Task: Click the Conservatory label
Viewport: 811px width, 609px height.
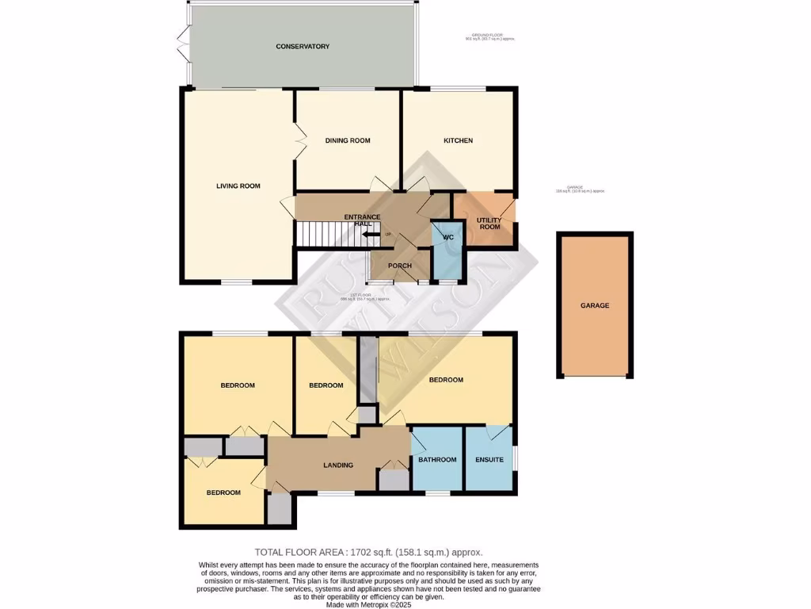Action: click(303, 47)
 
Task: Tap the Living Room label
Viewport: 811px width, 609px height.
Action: click(238, 186)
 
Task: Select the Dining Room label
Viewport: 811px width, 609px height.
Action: click(348, 140)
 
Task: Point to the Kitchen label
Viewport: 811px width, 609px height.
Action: click(458, 140)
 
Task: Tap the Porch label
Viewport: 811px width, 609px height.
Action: click(400, 265)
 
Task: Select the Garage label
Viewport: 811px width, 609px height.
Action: click(595, 305)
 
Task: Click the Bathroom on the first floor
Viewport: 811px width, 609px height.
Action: click(437, 460)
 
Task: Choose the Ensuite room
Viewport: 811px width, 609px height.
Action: click(489, 460)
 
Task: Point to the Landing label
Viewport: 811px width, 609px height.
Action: click(338, 465)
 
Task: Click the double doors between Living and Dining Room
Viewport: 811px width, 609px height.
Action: click(299, 140)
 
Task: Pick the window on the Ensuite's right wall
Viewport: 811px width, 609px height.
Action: click(516, 458)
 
